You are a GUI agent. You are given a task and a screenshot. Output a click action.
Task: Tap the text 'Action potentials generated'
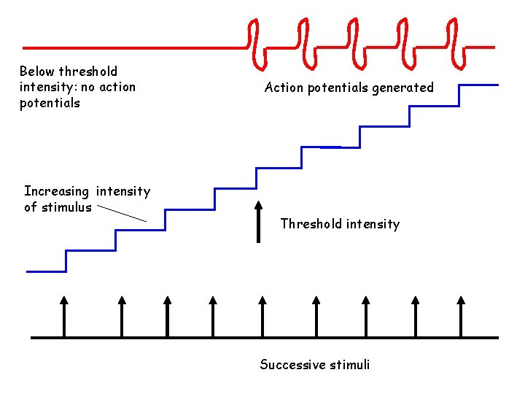[349, 88]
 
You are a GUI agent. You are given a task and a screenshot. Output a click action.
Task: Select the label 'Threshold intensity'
[340, 224]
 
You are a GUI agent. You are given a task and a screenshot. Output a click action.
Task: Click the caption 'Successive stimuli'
[314, 365]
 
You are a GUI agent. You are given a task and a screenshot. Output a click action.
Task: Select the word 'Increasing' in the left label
[57, 192]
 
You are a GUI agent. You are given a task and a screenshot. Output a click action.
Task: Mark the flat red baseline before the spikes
[131, 48]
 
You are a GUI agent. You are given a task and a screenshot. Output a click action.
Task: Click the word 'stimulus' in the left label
[67, 207]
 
